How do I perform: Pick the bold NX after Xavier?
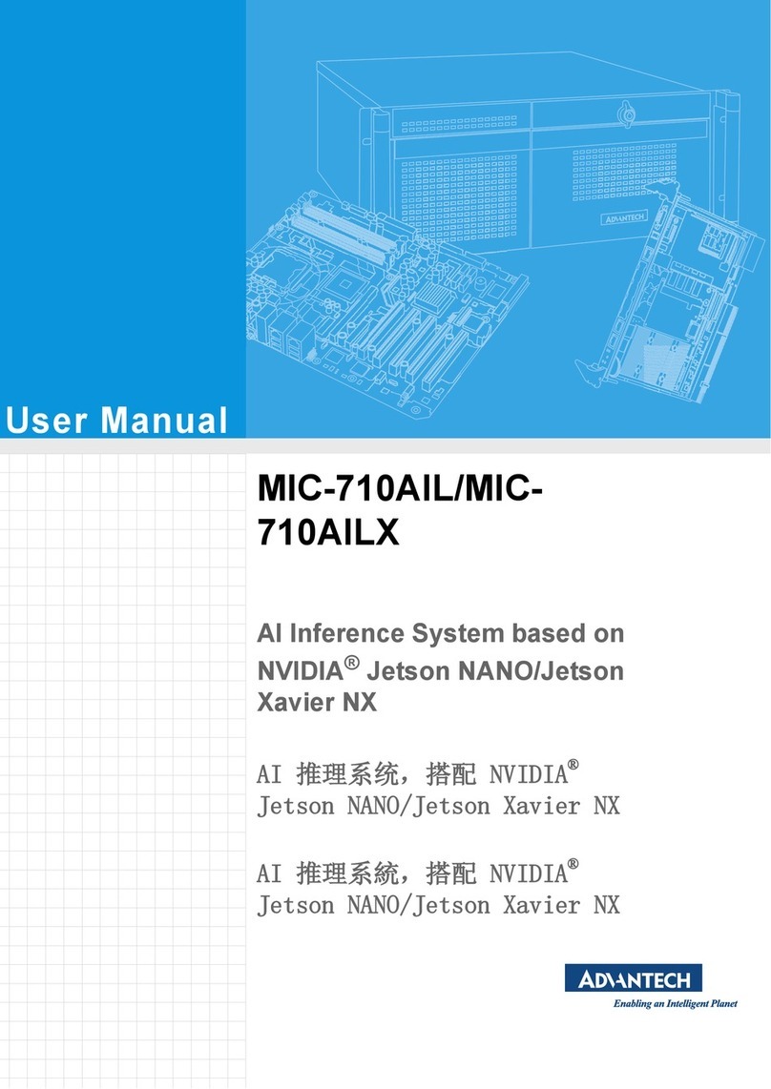pyautogui.click(x=360, y=704)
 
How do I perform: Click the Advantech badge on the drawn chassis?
pyautogui.click(x=626, y=220)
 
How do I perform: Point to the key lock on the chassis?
pyautogui.click(x=626, y=117)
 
